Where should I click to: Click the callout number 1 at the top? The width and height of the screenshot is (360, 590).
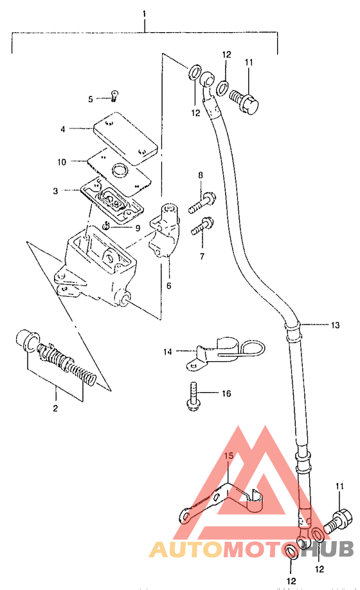(x=144, y=14)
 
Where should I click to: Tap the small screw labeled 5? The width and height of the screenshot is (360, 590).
(x=114, y=96)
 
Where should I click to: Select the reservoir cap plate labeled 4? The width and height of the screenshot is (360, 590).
(x=125, y=138)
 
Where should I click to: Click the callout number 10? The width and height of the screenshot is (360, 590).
(x=62, y=162)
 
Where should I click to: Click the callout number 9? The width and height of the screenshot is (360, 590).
(x=138, y=228)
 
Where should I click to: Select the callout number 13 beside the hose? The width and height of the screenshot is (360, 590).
(x=335, y=325)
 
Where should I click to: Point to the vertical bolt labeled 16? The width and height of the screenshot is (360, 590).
(x=192, y=397)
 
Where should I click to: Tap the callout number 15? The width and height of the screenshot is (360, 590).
(x=229, y=456)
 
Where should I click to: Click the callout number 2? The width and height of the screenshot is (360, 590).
(x=55, y=408)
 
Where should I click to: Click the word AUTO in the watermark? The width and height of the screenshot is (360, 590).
(x=186, y=550)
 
